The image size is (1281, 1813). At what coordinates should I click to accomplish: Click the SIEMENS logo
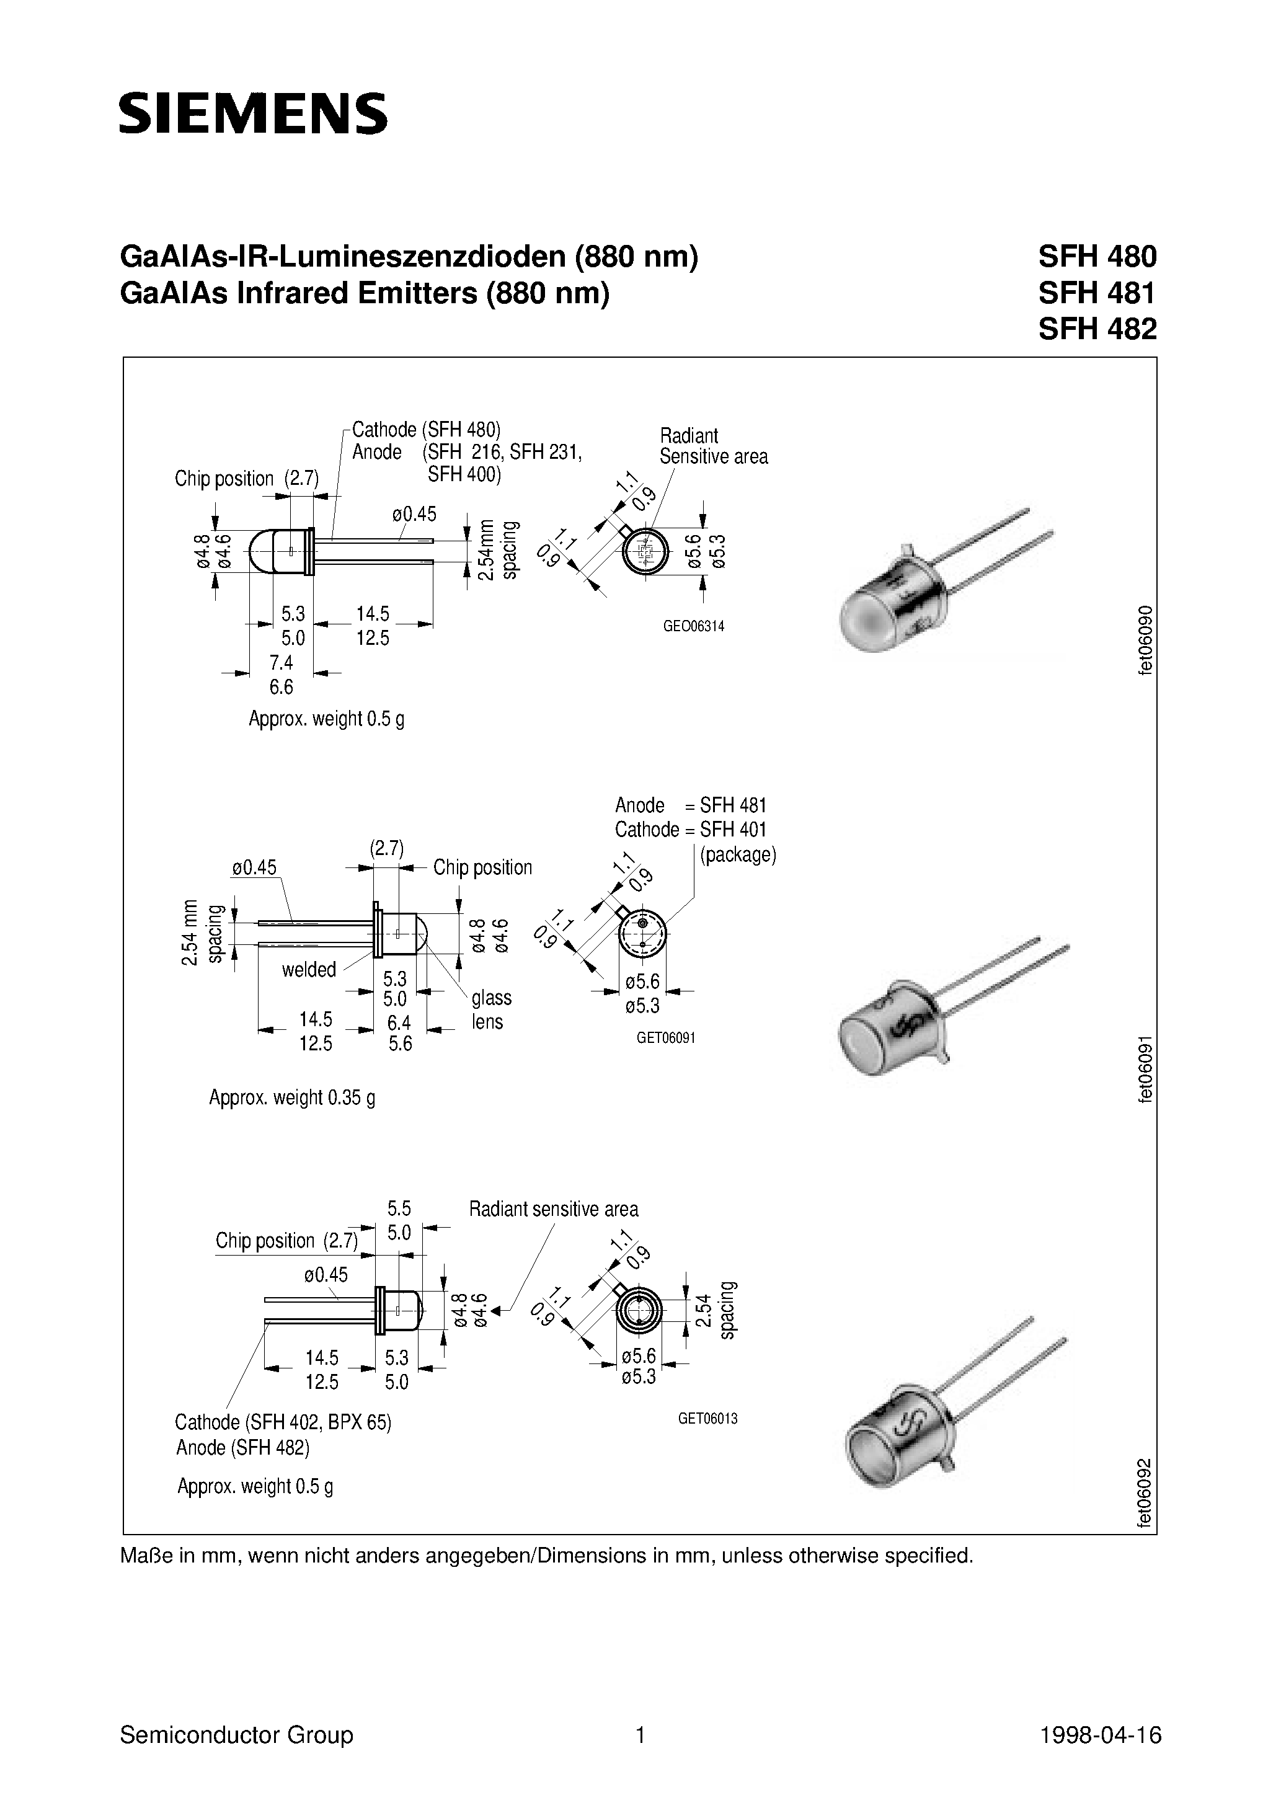253,113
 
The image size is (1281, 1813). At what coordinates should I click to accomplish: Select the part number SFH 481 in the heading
1096,293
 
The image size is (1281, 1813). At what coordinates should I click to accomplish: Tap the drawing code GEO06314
693,626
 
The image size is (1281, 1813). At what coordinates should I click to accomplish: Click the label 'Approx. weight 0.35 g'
291,1097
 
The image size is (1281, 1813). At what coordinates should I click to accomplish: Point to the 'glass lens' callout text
491,1009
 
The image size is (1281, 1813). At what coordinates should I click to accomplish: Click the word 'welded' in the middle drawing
309,970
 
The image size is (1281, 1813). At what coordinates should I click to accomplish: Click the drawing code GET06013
707,1418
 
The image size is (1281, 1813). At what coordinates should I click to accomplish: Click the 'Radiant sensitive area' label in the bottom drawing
553,1209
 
